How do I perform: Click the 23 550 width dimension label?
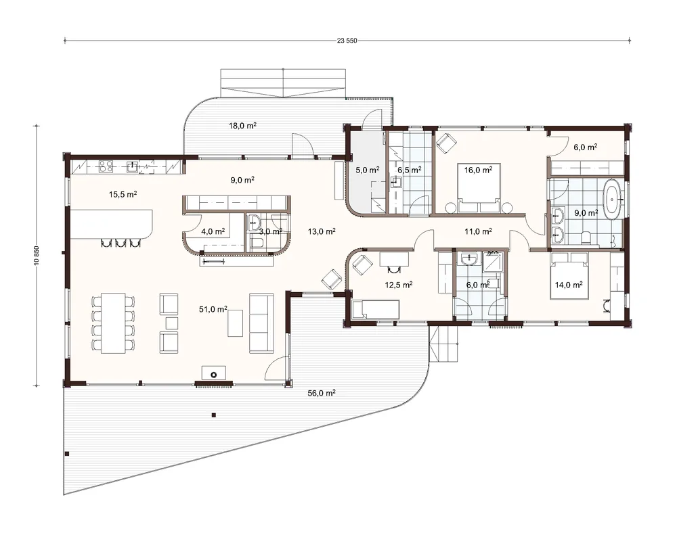click(x=347, y=41)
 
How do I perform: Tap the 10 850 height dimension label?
click(x=37, y=256)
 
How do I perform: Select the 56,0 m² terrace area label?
click(x=321, y=393)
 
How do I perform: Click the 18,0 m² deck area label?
click(x=242, y=126)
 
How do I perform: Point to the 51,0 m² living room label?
click(x=213, y=309)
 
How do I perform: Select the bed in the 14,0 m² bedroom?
click(x=569, y=276)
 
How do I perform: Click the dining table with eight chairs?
click(x=113, y=323)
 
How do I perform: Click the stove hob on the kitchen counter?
click(x=106, y=166)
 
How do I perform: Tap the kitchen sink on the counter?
click(x=133, y=166)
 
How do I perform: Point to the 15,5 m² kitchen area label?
click(x=123, y=194)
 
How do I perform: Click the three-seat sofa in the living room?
click(x=261, y=323)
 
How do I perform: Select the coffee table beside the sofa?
click(x=236, y=323)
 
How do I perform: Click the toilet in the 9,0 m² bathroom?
click(x=586, y=237)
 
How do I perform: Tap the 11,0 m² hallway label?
click(x=479, y=231)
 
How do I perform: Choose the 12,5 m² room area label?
click(x=399, y=285)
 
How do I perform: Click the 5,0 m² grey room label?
click(x=368, y=170)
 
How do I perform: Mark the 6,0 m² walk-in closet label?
click(x=586, y=147)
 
